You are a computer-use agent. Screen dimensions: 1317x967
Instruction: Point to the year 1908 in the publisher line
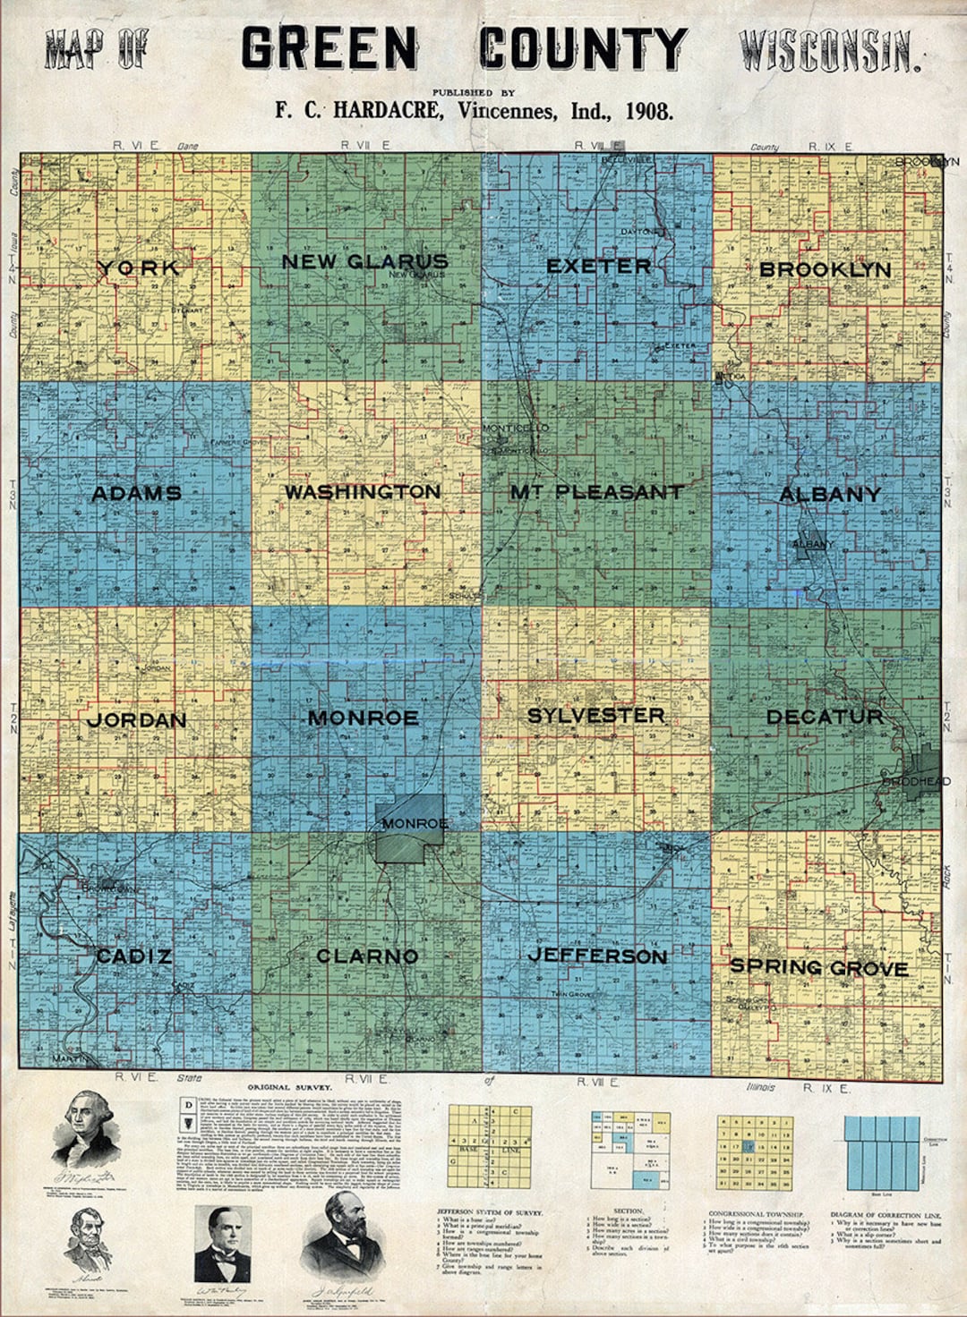(649, 112)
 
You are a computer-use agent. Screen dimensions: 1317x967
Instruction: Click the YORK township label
(140, 268)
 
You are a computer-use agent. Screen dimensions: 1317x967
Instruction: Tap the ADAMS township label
(137, 493)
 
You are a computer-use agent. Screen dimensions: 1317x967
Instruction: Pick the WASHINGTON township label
(363, 492)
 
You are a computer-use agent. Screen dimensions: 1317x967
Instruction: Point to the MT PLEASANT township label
(596, 492)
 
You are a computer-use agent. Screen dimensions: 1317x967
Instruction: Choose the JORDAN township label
(137, 720)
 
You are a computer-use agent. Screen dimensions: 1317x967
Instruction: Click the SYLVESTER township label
(596, 716)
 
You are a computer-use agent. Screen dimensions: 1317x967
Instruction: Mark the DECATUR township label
(825, 717)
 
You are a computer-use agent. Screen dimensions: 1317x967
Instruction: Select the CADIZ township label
(134, 956)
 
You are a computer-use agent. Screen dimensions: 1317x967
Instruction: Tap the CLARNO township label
(367, 956)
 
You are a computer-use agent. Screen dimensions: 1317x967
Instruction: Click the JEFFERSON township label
(597, 956)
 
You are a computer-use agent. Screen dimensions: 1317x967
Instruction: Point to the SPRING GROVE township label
(819, 967)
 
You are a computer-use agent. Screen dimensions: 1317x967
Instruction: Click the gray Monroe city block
(410, 829)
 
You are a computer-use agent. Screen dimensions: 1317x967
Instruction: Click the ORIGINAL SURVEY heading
(290, 1088)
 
